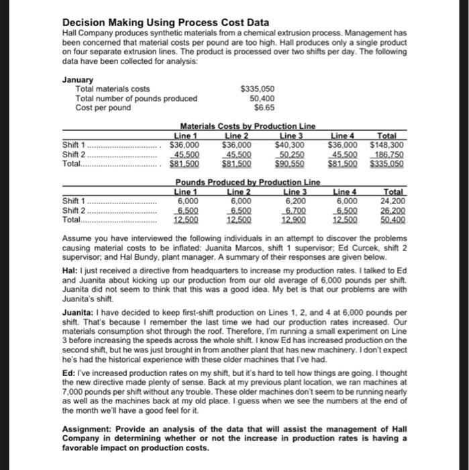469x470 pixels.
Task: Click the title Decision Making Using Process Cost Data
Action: tap(165, 22)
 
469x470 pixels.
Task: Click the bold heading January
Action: tap(78, 79)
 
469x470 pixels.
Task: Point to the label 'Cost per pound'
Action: tap(103, 107)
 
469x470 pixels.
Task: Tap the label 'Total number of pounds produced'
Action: tap(136, 98)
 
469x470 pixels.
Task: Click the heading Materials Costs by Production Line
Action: tap(248, 126)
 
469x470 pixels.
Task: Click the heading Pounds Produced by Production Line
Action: tap(247, 183)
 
